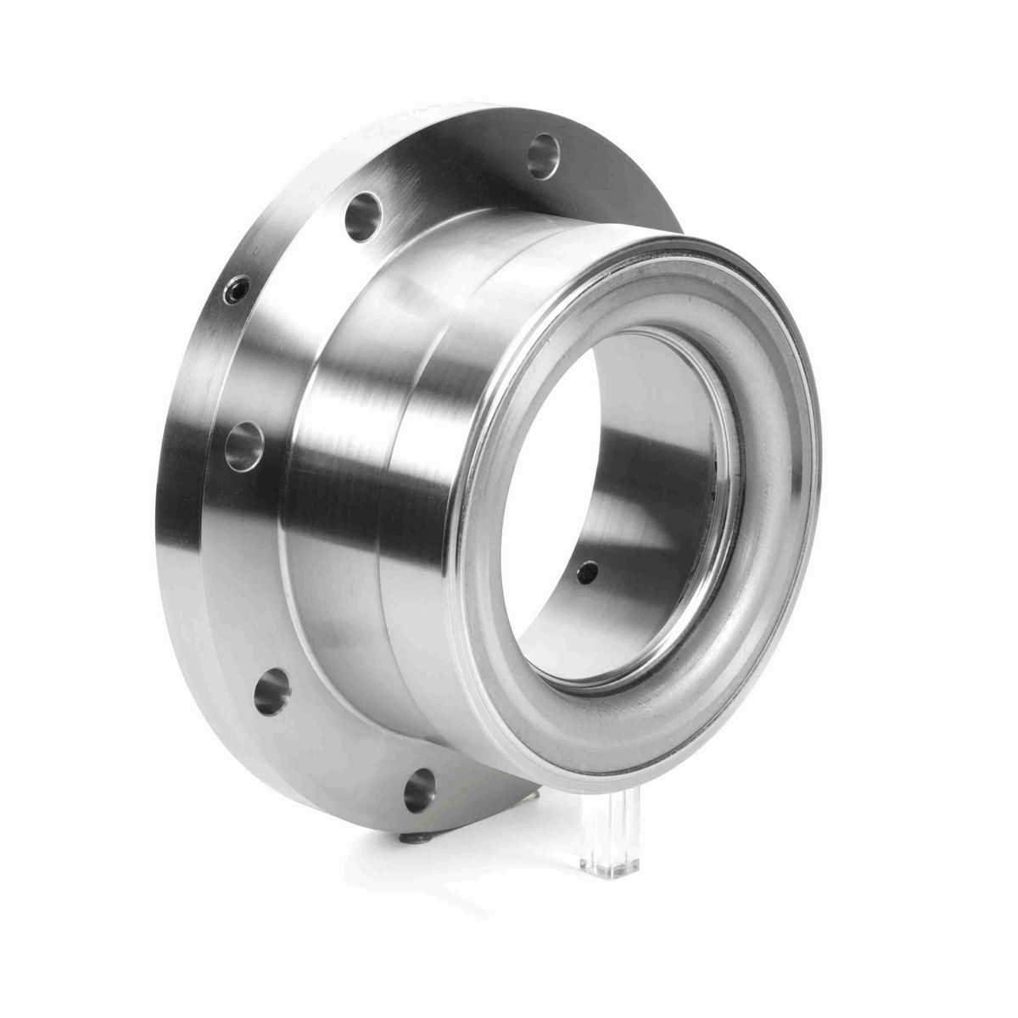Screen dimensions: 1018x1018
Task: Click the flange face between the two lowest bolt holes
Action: click(339, 747)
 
